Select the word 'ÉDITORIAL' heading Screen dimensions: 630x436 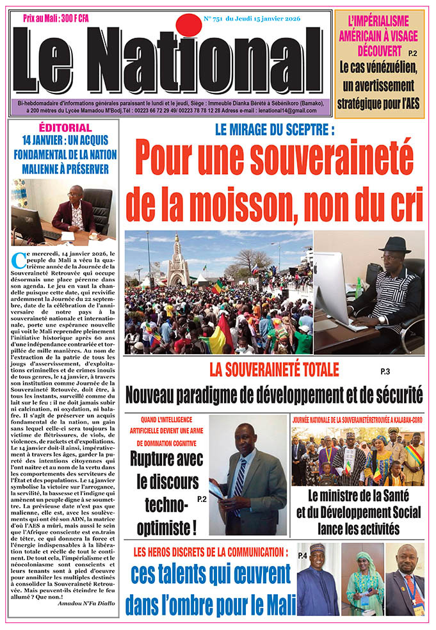tap(65, 127)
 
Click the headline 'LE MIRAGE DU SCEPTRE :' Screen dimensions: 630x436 tap(275, 130)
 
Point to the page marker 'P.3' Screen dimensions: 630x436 tap(385, 372)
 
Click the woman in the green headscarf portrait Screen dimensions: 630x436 tap(362, 578)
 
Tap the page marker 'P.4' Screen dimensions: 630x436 tap(303, 555)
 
